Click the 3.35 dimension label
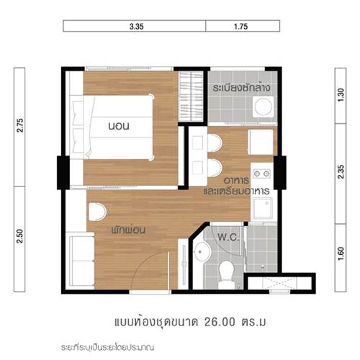click(137, 27)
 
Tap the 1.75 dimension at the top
click(240, 27)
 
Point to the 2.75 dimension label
click(20, 125)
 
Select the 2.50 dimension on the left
click(20, 236)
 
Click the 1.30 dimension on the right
click(341, 95)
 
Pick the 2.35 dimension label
click(341, 171)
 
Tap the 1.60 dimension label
click(341, 254)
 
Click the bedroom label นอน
click(119, 126)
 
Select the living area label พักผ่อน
click(128, 230)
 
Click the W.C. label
click(229, 238)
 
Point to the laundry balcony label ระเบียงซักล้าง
click(241, 88)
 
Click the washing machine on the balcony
click(264, 107)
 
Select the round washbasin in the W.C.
click(202, 252)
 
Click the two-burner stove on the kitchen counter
click(262, 174)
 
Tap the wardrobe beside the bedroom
click(192, 96)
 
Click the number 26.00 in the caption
click(220, 322)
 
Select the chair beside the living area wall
click(97, 212)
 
